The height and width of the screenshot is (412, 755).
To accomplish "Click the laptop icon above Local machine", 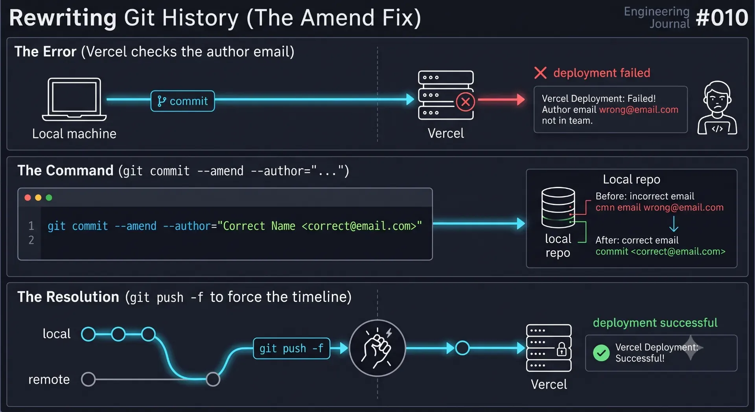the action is pos(74,99).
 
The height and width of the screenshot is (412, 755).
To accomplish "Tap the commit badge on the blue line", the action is pos(183,101).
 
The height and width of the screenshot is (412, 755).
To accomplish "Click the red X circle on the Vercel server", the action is pos(466,102).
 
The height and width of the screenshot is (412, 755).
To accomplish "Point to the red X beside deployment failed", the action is pos(541,73).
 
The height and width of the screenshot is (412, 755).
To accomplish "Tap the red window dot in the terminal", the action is pos(28,198).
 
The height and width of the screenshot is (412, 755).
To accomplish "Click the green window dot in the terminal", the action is pos(49,198).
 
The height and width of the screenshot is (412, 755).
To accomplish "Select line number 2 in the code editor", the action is pos(31,240).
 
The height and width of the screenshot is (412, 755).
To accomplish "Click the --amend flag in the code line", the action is pos(135,226).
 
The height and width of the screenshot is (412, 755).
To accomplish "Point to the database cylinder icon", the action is pos(558,208).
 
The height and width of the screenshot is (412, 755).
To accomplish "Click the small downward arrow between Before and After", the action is pos(674,224).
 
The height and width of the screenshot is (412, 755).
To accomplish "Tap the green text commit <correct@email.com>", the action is pos(660,251).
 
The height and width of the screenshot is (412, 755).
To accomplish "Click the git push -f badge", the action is pos(291,348).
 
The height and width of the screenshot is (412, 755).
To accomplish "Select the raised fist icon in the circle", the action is pos(377,348).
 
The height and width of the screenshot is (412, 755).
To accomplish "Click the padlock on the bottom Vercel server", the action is pos(562,349).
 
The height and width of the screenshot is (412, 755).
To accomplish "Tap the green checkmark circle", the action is pos(601,353).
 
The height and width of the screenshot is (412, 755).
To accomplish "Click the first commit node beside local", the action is pos(88,334).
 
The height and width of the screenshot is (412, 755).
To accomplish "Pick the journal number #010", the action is pos(722,18).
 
